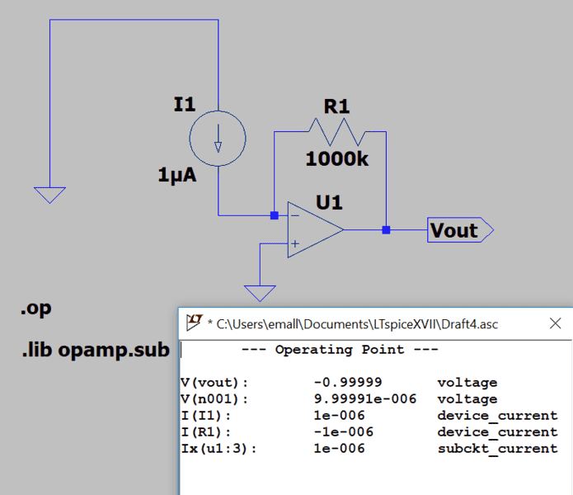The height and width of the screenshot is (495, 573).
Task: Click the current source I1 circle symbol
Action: tap(218, 137)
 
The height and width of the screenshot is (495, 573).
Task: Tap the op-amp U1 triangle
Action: tap(314, 229)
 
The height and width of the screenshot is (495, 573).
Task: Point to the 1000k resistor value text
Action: tap(336, 159)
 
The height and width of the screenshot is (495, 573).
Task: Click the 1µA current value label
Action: tap(177, 175)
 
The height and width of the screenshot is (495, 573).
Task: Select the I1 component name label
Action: tap(185, 104)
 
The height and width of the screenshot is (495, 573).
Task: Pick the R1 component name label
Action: tap(336, 106)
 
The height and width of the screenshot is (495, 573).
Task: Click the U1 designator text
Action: tap(329, 201)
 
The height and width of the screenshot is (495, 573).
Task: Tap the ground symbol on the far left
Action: tap(49, 195)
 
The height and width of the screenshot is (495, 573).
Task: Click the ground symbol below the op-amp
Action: tap(261, 293)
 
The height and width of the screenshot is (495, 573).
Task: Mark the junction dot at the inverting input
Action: tap(275, 215)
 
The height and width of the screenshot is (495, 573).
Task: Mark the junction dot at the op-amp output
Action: tap(386, 229)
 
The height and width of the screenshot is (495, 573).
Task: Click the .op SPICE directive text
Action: tap(35, 309)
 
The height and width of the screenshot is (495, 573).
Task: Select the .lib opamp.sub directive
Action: tap(95, 350)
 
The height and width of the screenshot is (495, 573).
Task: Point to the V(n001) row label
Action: tap(214, 399)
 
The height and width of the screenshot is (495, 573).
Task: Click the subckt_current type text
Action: tap(497, 449)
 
